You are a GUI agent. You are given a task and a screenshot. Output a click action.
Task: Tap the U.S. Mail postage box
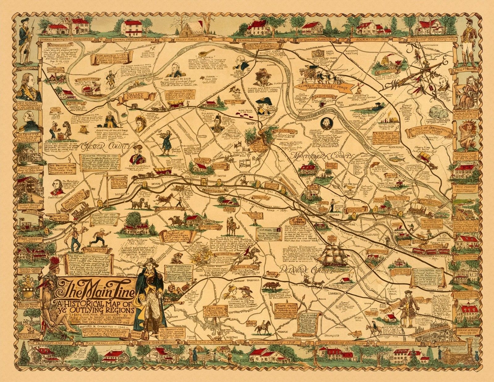click(x=268, y=235)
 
